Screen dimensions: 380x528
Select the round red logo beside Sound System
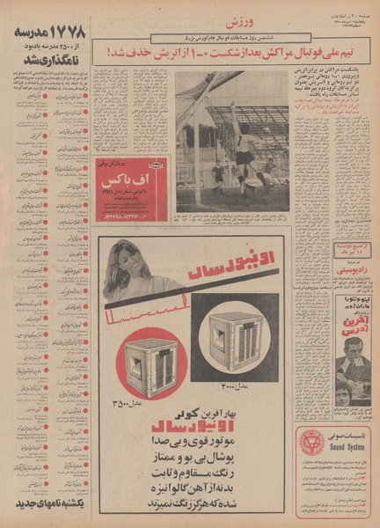pyautogui.click(x=311, y=443)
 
